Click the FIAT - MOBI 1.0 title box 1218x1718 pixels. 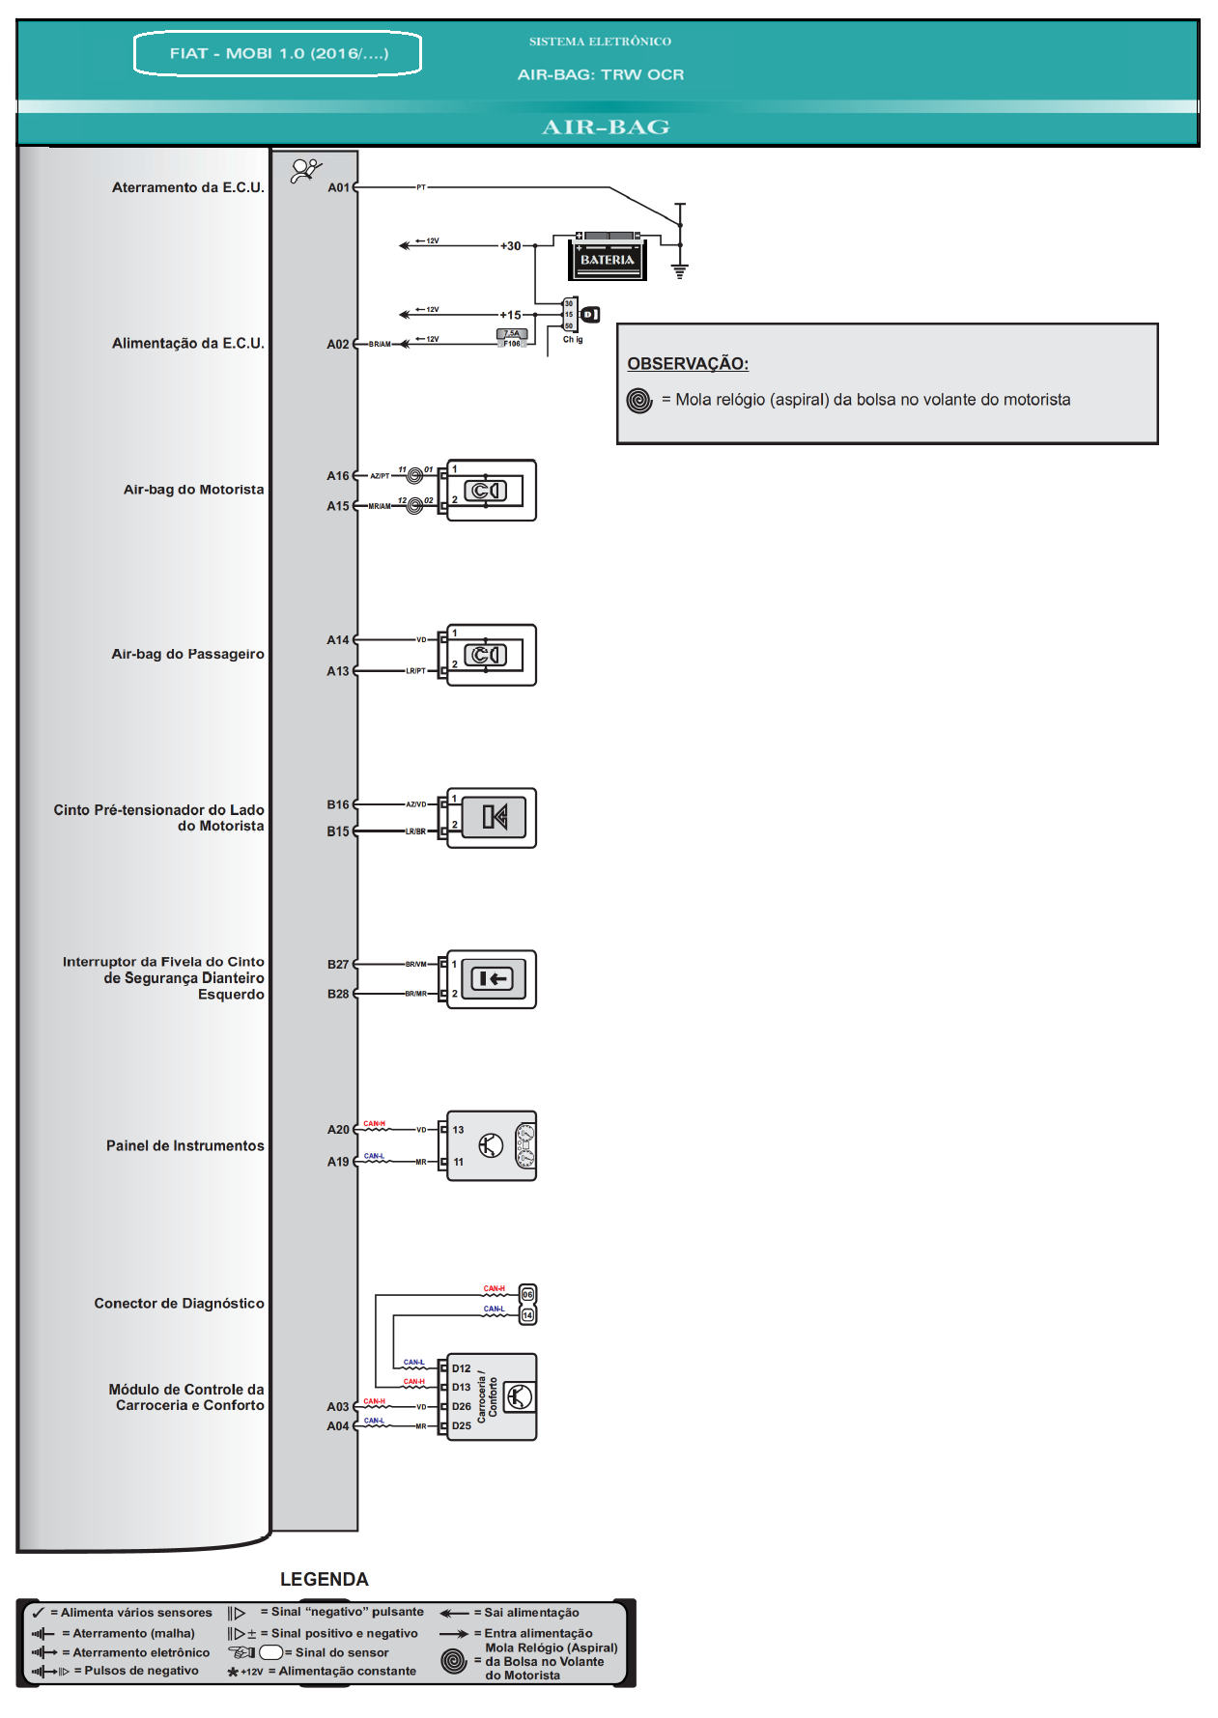[278, 53]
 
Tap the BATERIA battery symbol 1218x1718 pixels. [607, 257]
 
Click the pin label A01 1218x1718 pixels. [338, 187]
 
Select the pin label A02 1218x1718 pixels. [337, 344]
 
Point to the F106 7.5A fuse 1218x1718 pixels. [512, 338]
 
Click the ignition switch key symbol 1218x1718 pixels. [590, 314]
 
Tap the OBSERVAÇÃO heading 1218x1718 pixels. [687, 363]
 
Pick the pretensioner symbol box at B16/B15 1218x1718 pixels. [494, 818]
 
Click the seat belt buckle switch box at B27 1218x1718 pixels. [493, 979]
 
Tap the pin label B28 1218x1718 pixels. [337, 994]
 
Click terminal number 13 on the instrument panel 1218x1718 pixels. [458, 1130]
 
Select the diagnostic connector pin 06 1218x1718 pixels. [527, 1294]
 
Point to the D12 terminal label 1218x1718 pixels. [461, 1368]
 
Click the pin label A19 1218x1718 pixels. [337, 1162]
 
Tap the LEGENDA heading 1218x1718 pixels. [324, 1579]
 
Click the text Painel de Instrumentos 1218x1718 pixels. [184, 1145]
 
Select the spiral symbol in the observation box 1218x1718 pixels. [639, 400]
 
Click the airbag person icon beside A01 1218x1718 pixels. [306, 171]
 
